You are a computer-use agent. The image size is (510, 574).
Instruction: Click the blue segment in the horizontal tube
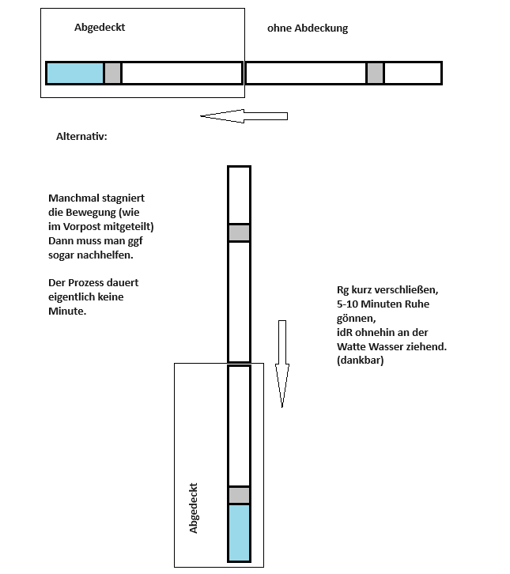(x=75, y=74)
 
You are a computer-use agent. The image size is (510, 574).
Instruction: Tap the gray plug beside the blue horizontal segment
(x=113, y=74)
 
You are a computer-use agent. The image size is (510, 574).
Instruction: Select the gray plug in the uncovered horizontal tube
(x=376, y=74)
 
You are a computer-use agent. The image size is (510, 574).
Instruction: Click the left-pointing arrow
(x=244, y=116)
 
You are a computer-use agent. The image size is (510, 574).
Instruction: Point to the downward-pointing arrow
(x=282, y=364)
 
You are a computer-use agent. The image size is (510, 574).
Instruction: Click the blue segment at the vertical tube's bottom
(x=239, y=533)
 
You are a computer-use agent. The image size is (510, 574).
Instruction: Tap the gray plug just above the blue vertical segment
(x=239, y=495)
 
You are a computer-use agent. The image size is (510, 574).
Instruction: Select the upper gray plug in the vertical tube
(x=239, y=232)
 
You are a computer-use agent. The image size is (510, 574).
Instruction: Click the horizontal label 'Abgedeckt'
(x=100, y=28)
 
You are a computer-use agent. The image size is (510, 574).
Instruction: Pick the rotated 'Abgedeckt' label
(x=193, y=508)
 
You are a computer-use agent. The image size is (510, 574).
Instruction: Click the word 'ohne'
(x=279, y=28)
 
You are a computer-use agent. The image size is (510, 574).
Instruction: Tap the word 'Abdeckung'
(x=322, y=28)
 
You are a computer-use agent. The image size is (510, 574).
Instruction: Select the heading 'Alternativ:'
(x=81, y=137)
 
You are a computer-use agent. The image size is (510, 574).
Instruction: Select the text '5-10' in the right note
(x=347, y=304)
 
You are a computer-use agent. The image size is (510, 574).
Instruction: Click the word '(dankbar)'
(x=361, y=361)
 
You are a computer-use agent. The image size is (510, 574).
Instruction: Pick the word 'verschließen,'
(x=406, y=290)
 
